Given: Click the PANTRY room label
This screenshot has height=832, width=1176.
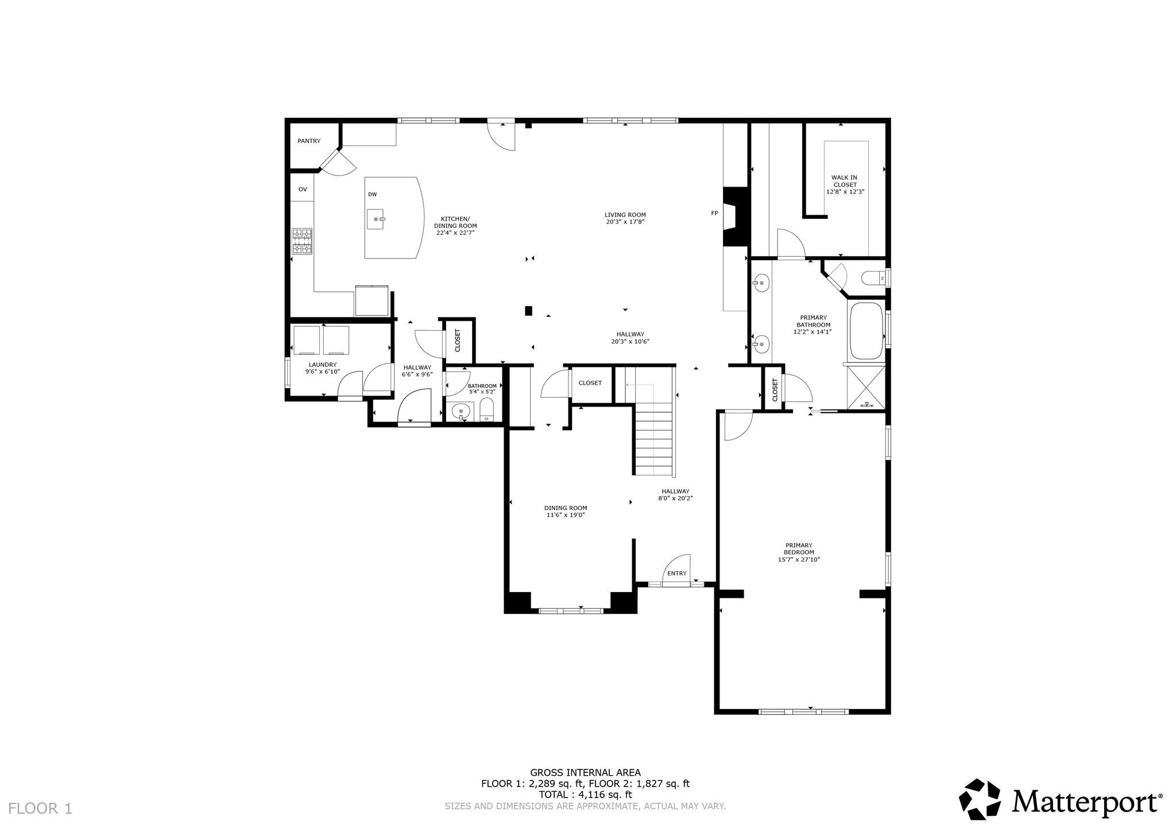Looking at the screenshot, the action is click(x=309, y=141).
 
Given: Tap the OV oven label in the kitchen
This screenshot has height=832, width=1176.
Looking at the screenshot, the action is click(x=303, y=189).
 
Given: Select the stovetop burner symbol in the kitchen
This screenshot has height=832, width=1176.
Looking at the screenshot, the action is click(x=302, y=241).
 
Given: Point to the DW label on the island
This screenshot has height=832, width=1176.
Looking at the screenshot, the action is click(x=373, y=195).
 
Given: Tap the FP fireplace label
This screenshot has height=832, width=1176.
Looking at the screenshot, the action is click(x=714, y=214).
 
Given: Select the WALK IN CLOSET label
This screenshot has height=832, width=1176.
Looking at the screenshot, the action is click(x=845, y=184).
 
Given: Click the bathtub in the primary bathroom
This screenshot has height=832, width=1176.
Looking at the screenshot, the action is click(x=866, y=331).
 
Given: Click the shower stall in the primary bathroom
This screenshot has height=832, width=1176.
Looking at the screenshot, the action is click(x=866, y=388).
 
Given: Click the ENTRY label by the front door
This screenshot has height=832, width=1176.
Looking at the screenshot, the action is click(x=677, y=573).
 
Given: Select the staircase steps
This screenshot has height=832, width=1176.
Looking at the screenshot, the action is click(x=653, y=439).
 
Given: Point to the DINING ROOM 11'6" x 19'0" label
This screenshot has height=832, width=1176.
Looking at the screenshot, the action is click(x=566, y=511).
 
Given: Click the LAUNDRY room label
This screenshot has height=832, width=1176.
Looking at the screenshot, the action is click(x=323, y=368).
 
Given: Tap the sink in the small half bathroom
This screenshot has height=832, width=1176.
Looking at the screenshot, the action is click(x=461, y=412).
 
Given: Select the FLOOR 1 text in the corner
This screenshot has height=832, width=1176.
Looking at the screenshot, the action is click(x=41, y=808).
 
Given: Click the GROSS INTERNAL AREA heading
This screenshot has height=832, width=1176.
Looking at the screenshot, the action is click(x=585, y=772).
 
